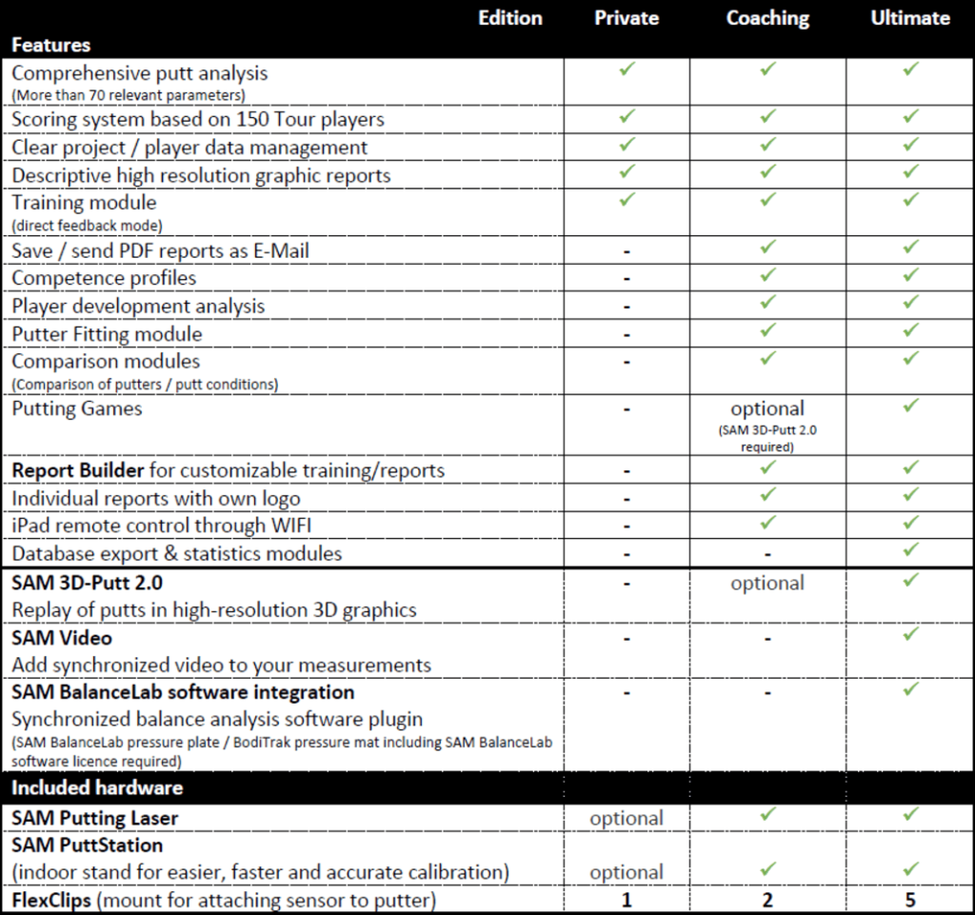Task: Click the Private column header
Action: coord(626,18)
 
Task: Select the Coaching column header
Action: coord(767,18)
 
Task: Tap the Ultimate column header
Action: coord(910,18)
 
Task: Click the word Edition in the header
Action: coord(510,18)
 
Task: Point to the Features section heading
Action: coord(51,44)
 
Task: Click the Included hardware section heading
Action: coord(96,787)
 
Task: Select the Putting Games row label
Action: coord(76,408)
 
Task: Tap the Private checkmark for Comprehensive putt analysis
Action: coord(626,70)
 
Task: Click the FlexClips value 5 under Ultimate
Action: coord(910,898)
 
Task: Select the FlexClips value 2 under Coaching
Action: coord(767,898)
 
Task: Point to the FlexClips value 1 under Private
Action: coord(626,898)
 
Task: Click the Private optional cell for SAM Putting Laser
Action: coord(626,818)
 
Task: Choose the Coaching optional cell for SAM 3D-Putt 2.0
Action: coord(767,583)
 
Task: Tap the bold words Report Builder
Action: coord(78,470)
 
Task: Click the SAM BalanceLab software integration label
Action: coord(183,692)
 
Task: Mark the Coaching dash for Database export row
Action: coord(767,554)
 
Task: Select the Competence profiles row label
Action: coord(104,278)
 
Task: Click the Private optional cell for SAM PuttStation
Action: coord(626,872)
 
